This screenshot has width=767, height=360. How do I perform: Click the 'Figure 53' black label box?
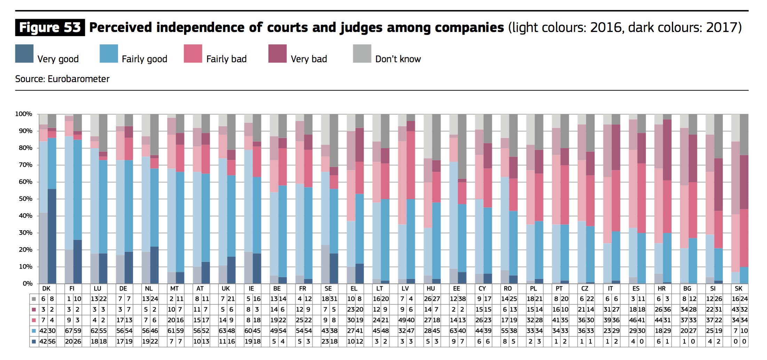click(50, 27)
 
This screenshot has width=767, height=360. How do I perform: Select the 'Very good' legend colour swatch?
click(24, 54)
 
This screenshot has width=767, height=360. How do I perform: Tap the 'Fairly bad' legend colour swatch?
click(193, 54)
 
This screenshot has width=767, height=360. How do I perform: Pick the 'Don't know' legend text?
click(398, 59)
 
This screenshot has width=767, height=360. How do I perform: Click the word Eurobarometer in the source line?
click(79, 79)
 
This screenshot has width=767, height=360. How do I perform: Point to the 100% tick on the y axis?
click(24, 114)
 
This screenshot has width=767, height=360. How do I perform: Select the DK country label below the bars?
click(46, 289)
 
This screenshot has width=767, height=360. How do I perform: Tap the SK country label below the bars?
click(738, 289)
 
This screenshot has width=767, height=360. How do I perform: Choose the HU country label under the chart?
click(431, 289)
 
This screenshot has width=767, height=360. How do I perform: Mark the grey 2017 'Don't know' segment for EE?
click(462, 146)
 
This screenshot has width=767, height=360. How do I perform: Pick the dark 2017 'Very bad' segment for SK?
click(744, 182)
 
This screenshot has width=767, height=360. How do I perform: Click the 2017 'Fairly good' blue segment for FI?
click(78, 190)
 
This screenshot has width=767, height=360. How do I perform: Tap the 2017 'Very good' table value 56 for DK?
click(52, 342)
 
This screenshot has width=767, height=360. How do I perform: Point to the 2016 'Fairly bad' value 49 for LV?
click(402, 320)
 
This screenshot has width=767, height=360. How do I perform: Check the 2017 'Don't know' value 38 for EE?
click(462, 299)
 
